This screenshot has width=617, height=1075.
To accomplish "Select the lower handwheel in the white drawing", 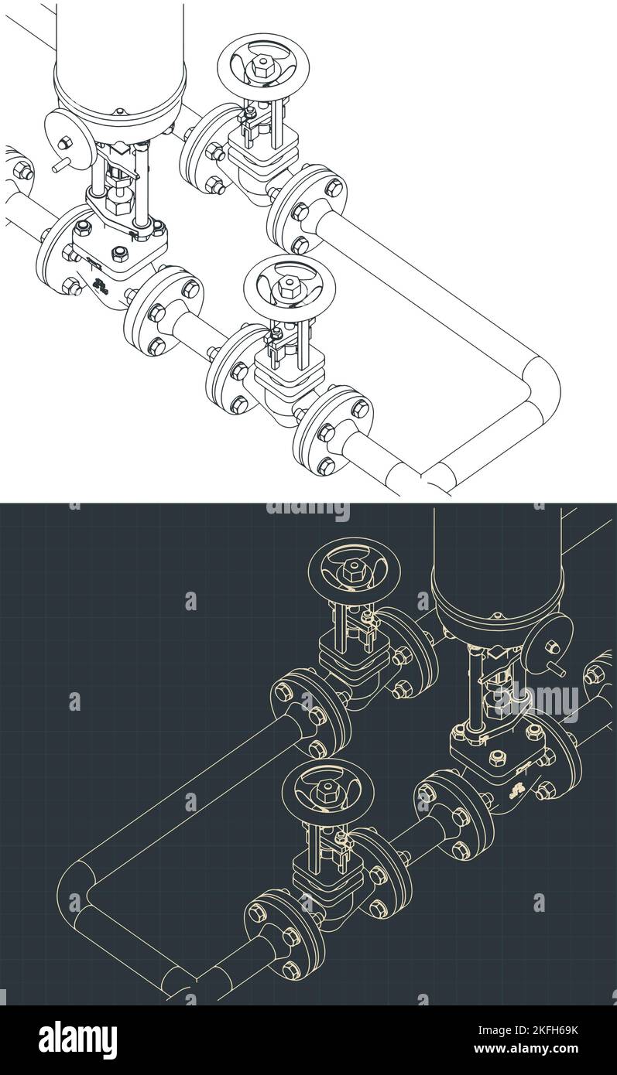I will point(284,286).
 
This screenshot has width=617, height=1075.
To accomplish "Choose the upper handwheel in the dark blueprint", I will point(354,571).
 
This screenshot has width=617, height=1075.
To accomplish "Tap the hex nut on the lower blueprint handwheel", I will point(326,791).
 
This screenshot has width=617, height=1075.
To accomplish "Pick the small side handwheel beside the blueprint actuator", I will point(549,645).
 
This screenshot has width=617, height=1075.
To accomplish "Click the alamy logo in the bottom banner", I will point(78,1039).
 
